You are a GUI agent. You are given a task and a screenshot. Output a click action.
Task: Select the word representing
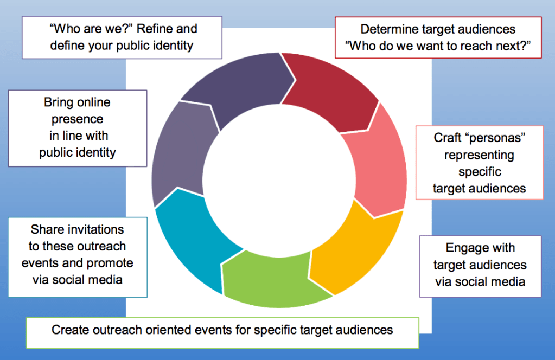pos(479,155)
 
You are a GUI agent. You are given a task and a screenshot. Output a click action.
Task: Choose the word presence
pos(78,119)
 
